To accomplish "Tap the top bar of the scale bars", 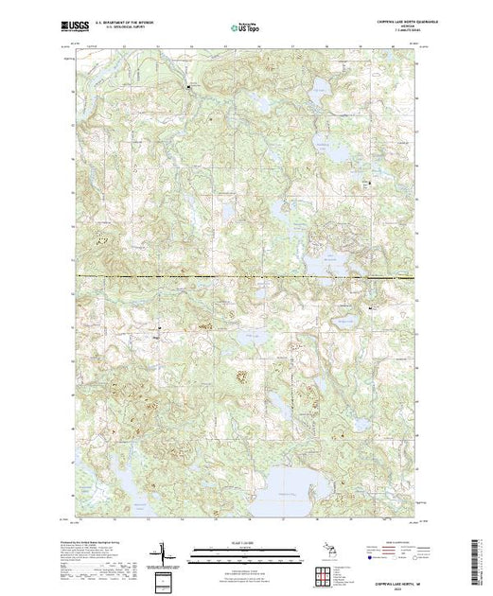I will (246, 547).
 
